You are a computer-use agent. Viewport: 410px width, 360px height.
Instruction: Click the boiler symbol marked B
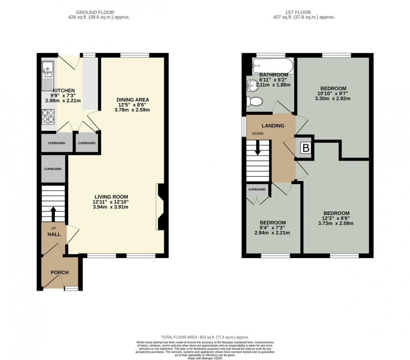[306, 148]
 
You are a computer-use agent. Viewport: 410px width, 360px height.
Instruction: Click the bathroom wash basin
[252, 85]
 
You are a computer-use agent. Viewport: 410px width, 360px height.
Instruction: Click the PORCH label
[59, 272]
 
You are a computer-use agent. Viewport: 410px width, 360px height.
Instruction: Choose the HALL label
[54, 234]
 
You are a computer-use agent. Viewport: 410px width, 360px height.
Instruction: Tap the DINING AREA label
[133, 100]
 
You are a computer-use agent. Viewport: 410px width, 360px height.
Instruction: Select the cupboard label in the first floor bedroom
[257, 189]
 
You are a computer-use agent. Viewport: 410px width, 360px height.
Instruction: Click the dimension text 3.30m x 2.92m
[333, 98]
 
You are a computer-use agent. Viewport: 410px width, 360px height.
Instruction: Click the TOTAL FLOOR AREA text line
[205, 337]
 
